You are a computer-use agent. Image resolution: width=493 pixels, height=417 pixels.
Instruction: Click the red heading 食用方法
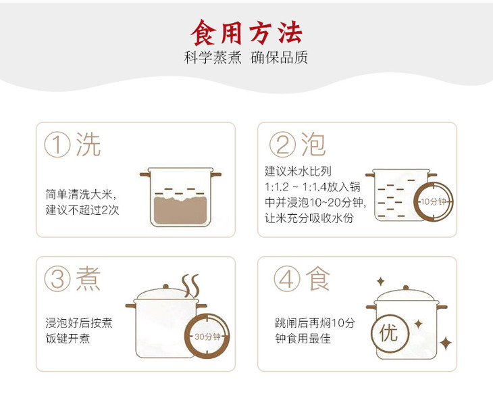coord(246,32)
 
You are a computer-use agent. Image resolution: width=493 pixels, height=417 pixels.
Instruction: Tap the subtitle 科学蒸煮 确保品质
coord(246,57)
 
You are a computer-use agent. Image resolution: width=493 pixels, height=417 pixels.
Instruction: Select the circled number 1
coord(57,145)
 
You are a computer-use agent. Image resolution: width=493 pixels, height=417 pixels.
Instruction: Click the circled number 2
coord(282,145)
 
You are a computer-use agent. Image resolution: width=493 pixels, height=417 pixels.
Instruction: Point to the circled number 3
coord(57,279)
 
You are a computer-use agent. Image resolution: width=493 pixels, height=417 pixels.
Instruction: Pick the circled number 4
coord(286,279)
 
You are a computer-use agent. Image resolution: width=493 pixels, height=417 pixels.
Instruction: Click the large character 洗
coord(88,145)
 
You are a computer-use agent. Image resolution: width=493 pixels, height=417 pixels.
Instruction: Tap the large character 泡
coord(313,144)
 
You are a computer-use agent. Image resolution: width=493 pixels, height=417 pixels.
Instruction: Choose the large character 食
coord(318,278)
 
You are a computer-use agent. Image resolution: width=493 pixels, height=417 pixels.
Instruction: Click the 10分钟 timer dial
coord(434,201)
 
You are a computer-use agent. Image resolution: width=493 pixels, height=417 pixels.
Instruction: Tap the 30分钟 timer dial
coord(207,337)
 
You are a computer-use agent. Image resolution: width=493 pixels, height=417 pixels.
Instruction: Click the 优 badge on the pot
coord(390,333)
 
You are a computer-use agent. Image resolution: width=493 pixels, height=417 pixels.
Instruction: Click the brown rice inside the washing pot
coord(180,210)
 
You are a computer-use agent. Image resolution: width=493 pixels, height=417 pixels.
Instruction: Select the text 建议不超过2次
coord(82,210)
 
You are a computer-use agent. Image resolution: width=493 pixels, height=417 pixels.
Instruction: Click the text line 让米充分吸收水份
coord(309,218)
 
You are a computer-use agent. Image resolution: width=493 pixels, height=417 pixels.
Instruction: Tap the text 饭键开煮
coord(68,339)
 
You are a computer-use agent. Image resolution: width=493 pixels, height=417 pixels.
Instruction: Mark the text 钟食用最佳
coord(303,339)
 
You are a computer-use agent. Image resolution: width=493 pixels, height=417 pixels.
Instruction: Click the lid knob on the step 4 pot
coord(406,288)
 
